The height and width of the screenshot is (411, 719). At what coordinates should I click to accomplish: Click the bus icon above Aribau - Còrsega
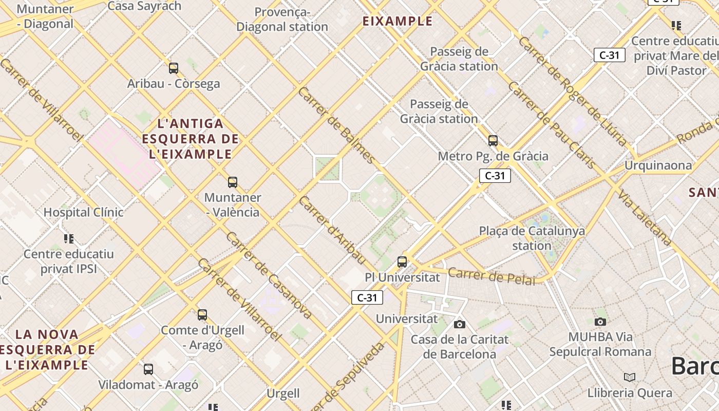[174, 68]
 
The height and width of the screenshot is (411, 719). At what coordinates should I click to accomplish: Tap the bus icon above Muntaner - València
[233, 182]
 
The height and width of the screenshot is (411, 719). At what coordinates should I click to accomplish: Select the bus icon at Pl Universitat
[402, 262]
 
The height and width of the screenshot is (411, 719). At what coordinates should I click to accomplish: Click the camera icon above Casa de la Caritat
[460, 324]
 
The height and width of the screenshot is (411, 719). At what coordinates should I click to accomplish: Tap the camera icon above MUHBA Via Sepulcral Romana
[600, 322]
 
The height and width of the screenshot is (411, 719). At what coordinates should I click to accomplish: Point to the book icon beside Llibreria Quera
[630, 378]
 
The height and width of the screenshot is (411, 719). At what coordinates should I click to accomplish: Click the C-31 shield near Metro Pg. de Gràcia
[495, 176]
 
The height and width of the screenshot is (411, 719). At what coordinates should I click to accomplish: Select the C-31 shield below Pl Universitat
[367, 297]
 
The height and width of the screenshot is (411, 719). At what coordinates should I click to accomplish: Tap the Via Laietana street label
[645, 217]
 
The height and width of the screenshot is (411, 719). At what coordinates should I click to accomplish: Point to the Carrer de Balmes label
[336, 125]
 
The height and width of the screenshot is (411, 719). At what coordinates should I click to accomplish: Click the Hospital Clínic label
[83, 212]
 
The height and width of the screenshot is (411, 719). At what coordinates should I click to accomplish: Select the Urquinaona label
[658, 165]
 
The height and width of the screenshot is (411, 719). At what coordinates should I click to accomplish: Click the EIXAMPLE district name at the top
[398, 21]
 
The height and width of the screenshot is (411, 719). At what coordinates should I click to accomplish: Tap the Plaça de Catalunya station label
[532, 238]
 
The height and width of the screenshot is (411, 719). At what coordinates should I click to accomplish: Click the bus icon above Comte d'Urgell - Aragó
[202, 314]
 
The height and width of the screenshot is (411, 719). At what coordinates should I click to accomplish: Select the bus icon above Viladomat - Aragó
[148, 369]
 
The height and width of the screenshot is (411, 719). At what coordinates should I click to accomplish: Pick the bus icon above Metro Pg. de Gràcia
[493, 140]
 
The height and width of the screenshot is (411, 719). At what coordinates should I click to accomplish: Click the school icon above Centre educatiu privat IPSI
[69, 238]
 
